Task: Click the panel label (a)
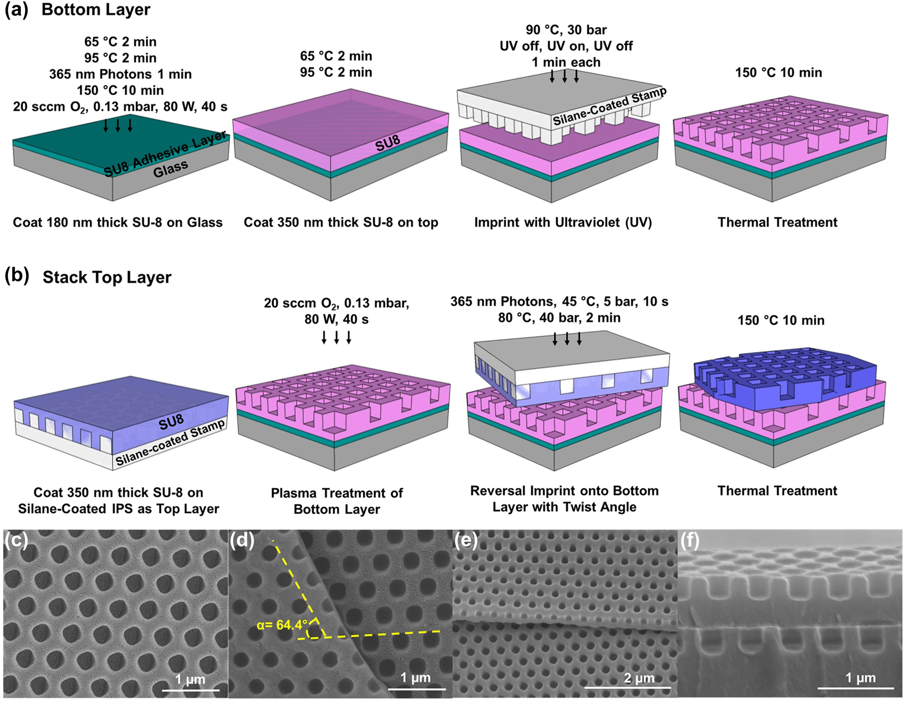coord(17,10)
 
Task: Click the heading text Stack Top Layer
coord(107,277)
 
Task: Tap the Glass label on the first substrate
coord(170,169)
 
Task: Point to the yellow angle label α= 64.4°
coord(282,625)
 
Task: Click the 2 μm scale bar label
coord(639,678)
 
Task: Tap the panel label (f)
coord(690,541)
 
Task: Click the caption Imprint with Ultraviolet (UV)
coord(563,223)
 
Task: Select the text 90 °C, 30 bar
coord(566,30)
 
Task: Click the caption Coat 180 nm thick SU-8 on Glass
coord(118,223)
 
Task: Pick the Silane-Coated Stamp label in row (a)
coord(609,107)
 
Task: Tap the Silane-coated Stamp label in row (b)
coord(170,443)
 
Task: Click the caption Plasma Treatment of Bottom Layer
coord(336,501)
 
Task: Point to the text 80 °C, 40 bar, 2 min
coord(559,318)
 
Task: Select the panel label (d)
coord(242,541)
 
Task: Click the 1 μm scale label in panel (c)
coord(190,679)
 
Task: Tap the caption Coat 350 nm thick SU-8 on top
coord(341,223)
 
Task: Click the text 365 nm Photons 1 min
coord(120,74)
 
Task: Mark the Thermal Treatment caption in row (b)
coord(777,491)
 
